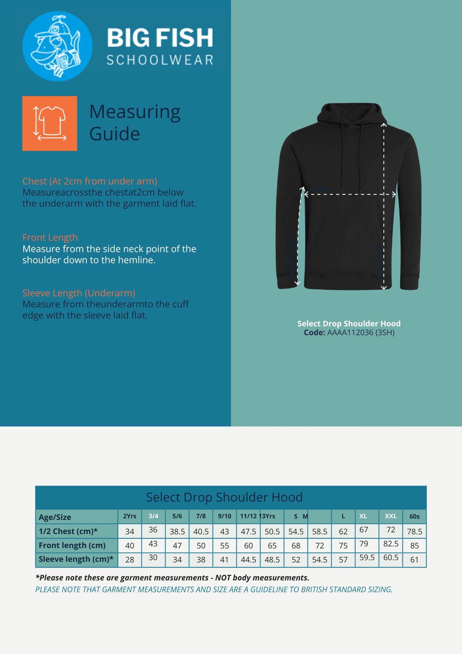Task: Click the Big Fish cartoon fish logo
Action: (x=58, y=46)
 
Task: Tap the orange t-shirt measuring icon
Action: (x=50, y=123)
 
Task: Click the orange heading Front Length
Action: (x=50, y=237)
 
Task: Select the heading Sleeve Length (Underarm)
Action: (x=79, y=293)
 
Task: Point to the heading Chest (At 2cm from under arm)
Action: (x=90, y=181)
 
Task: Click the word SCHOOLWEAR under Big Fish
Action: (x=160, y=60)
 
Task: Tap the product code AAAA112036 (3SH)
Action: (x=361, y=333)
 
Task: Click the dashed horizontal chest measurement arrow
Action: (x=350, y=194)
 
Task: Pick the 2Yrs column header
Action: (x=130, y=516)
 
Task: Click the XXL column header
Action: (x=391, y=516)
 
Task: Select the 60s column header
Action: (x=415, y=517)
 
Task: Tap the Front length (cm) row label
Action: (x=72, y=545)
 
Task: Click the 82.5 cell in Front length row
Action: (x=391, y=544)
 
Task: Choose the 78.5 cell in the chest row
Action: (x=415, y=532)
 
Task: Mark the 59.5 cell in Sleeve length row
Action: (x=367, y=558)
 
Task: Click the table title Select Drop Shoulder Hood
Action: (x=224, y=497)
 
